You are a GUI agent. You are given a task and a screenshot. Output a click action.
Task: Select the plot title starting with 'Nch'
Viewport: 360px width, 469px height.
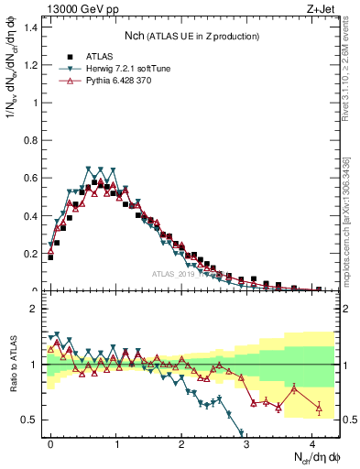pos(192,36)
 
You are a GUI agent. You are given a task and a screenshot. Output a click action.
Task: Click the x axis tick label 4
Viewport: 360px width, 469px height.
pos(312,442)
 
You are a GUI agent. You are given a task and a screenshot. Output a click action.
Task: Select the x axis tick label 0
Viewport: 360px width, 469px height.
pos(50,442)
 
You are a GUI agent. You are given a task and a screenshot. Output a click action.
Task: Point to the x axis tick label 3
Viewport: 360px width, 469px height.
pos(246,442)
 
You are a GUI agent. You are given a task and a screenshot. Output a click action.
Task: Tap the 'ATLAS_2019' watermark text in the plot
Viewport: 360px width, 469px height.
pos(173,273)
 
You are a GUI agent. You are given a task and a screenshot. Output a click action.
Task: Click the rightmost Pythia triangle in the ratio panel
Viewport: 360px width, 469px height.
pos(319,408)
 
